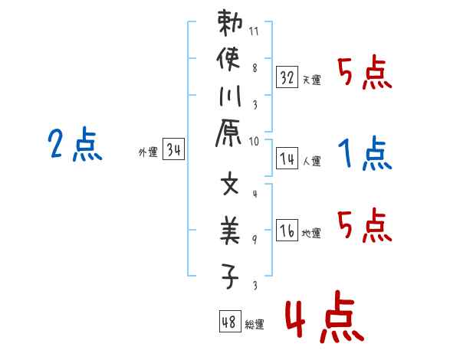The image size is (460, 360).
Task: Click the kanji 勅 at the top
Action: (x=229, y=25)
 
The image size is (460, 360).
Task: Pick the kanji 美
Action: (x=229, y=233)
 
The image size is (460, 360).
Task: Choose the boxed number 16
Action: (x=287, y=230)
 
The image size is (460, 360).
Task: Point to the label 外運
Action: (x=147, y=152)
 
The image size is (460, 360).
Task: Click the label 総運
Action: (x=255, y=325)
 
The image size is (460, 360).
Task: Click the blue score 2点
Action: (x=75, y=146)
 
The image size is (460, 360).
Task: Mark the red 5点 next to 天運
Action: (x=365, y=75)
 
